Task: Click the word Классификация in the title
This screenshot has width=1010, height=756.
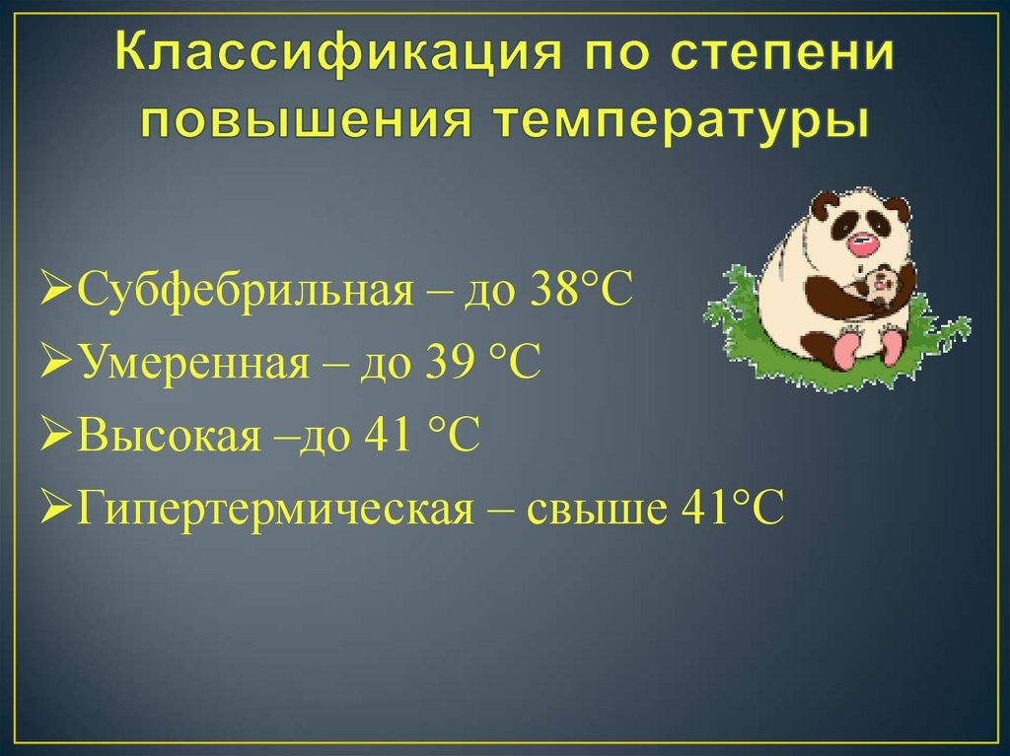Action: [x=339, y=53]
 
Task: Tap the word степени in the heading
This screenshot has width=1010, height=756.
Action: [x=778, y=53]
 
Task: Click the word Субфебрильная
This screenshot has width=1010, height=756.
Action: [x=246, y=290]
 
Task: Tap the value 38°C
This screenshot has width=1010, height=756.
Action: [x=582, y=289]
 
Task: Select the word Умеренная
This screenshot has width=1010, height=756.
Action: [x=196, y=362]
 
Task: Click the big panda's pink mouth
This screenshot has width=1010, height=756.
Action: [x=863, y=244]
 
